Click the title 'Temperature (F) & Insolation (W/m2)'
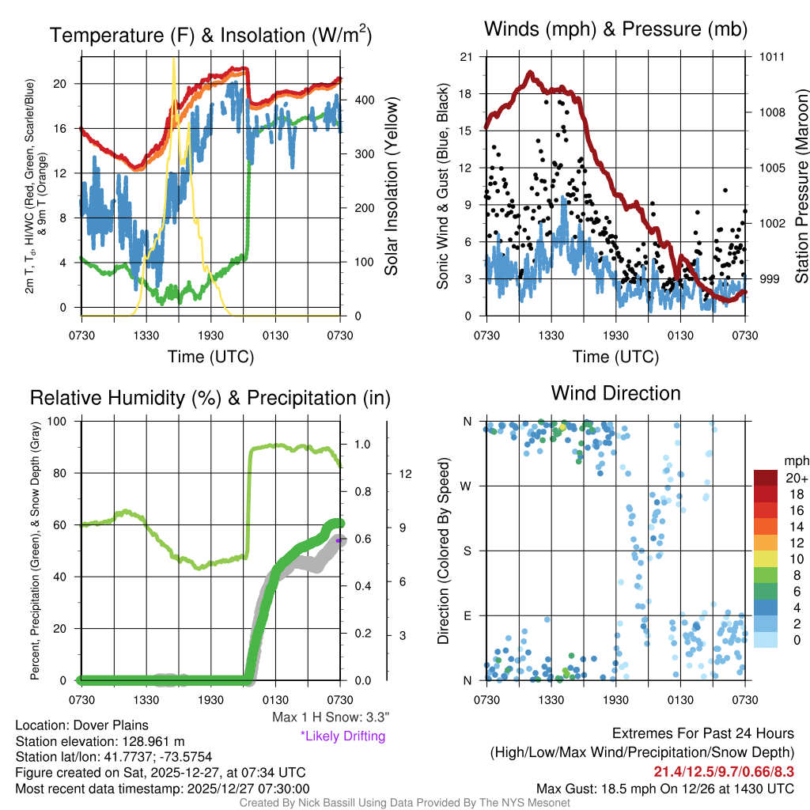tap(210, 35)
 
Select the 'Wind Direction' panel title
tap(615, 393)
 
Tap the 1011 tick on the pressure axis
tap(772, 57)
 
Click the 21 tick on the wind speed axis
tap(466, 57)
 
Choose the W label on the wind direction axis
tap(467, 486)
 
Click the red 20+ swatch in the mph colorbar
tap(766, 478)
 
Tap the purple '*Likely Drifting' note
tap(343, 736)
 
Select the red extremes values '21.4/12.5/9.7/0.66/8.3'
tap(724, 771)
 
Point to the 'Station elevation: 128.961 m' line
tap(100, 741)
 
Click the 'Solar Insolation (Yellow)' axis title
tap(391, 187)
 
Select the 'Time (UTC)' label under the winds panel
tap(615, 357)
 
